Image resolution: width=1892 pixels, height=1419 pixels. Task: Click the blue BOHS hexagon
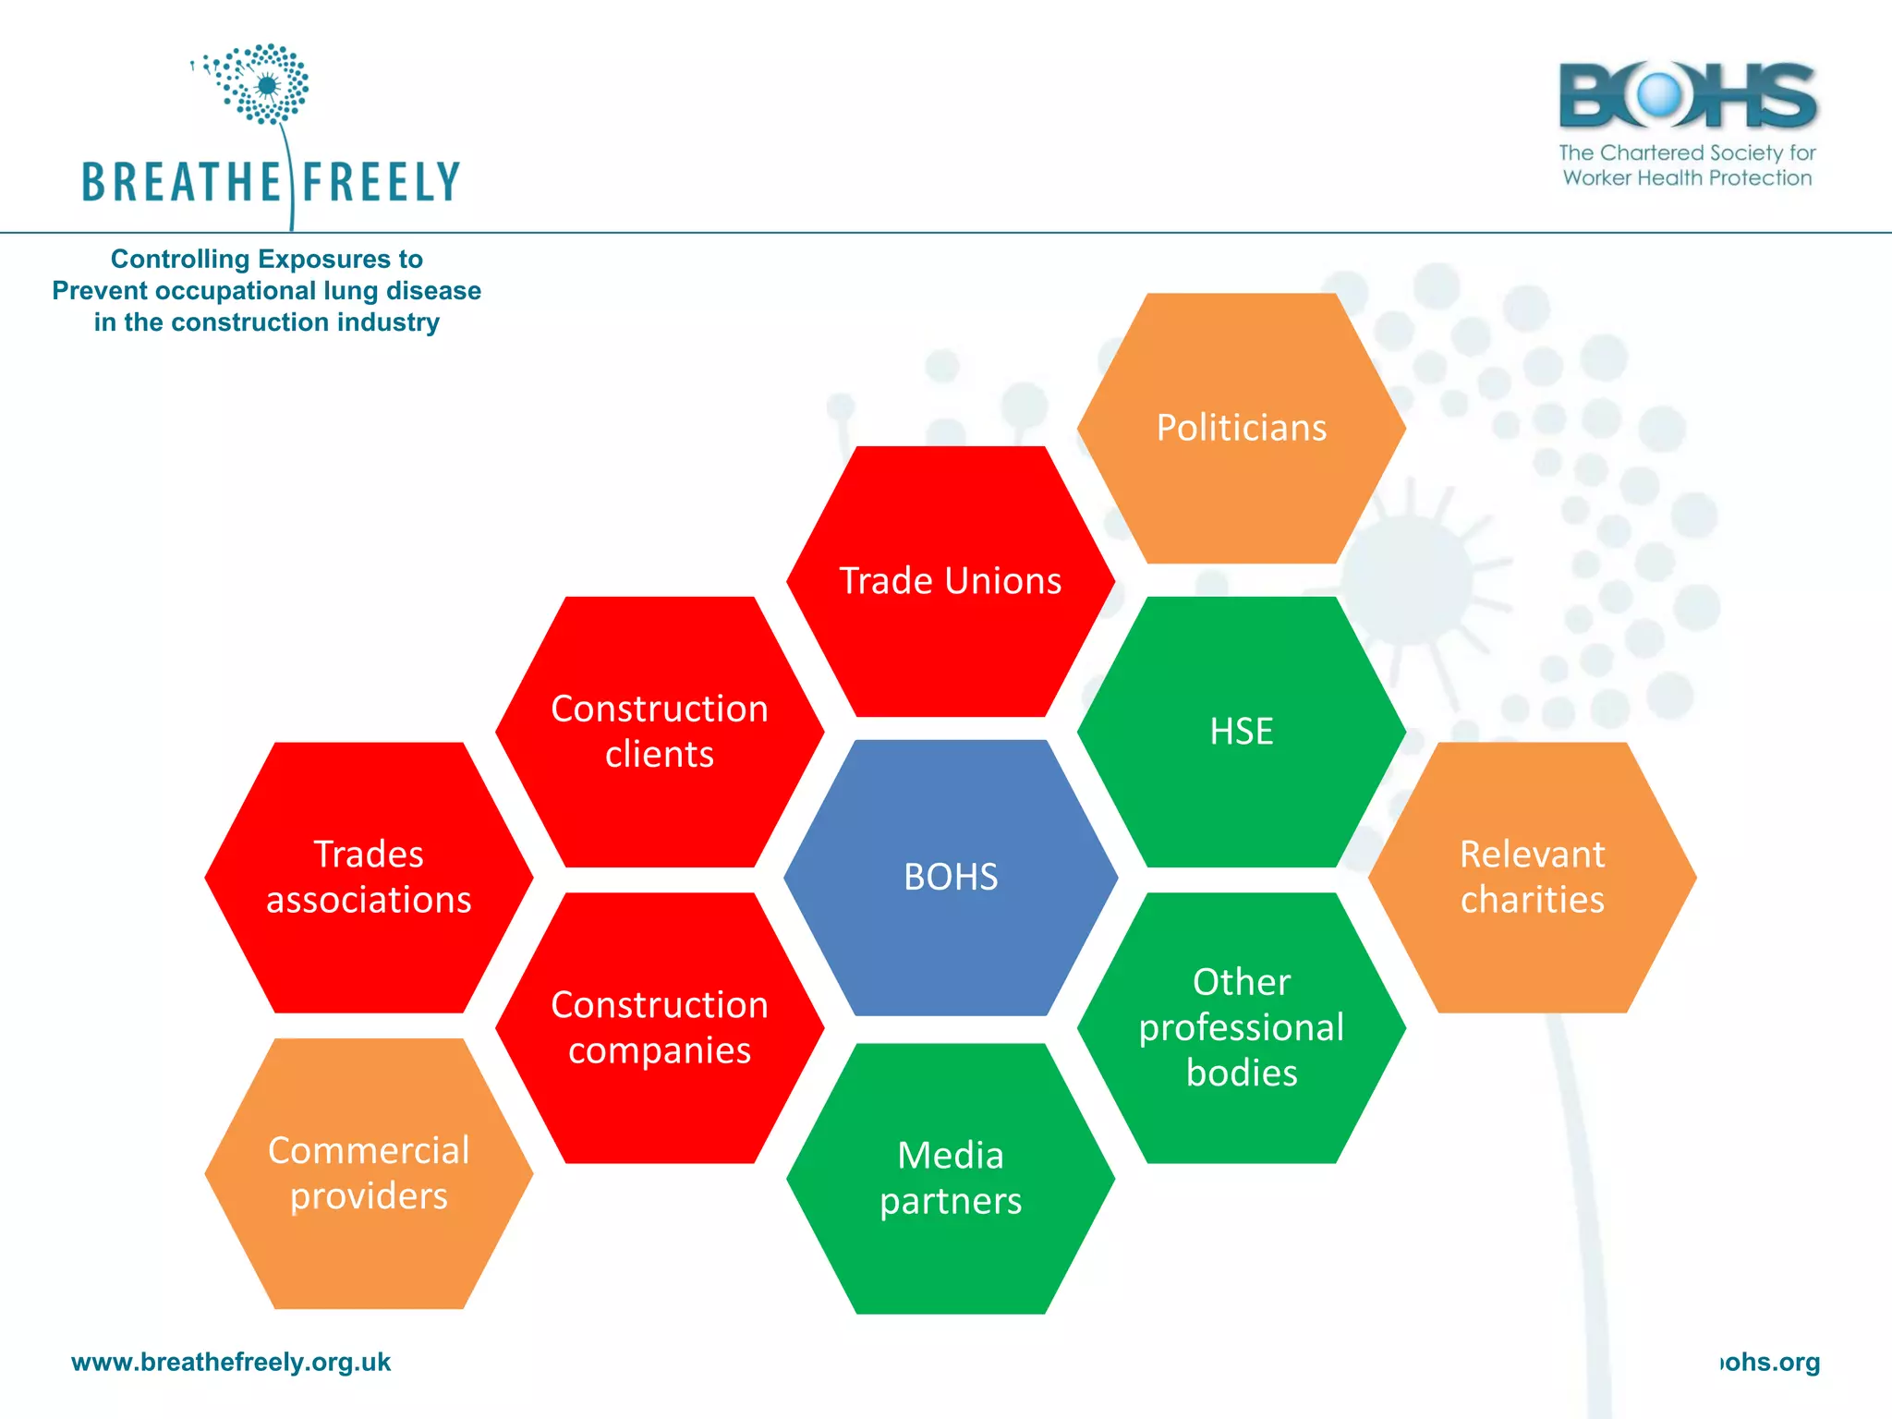(951, 877)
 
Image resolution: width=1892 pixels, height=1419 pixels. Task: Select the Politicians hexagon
(1241, 428)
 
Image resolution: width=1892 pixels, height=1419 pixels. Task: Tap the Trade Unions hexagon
(951, 581)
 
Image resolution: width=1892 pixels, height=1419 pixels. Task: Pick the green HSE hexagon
(1241, 731)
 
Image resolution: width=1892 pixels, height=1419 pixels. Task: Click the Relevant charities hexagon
(1532, 877)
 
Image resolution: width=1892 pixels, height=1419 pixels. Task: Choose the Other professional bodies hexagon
(1241, 1026)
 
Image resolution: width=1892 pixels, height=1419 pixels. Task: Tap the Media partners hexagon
(951, 1178)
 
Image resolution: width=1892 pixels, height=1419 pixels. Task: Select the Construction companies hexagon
(660, 1026)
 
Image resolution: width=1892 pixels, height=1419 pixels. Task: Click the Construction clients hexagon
(660, 731)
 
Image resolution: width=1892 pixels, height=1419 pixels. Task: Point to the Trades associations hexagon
(369, 877)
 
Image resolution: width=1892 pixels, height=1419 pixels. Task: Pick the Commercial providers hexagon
(369, 1172)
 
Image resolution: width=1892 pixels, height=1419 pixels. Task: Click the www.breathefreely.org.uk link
(231, 1362)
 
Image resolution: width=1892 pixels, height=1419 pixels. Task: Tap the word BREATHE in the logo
(181, 182)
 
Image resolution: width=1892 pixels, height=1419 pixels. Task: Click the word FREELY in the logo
(381, 182)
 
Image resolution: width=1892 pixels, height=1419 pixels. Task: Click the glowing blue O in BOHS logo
(1659, 94)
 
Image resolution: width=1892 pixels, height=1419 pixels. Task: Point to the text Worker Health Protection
(1687, 177)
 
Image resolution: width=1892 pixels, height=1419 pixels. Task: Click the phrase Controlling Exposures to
(266, 259)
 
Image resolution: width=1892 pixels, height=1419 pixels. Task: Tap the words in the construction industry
(266, 322)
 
